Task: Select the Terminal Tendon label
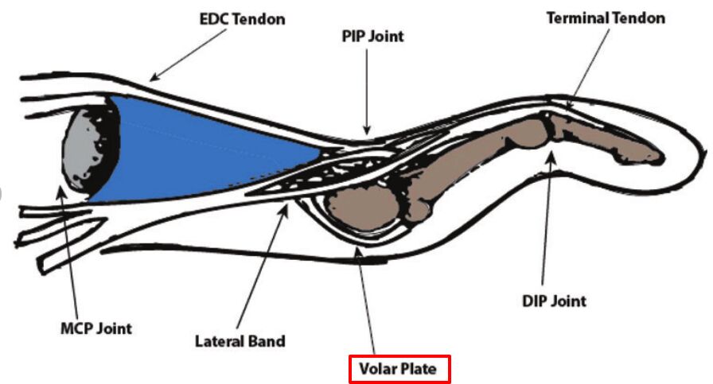605,17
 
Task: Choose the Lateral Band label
240,342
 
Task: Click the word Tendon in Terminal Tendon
637,17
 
